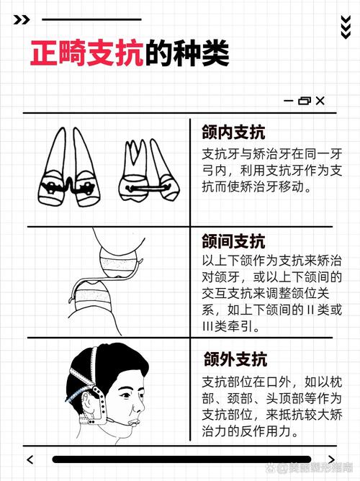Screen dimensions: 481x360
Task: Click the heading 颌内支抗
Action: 234,132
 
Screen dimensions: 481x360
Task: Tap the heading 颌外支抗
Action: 234,359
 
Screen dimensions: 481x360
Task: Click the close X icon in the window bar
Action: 320,101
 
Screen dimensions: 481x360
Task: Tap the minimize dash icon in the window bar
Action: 288,101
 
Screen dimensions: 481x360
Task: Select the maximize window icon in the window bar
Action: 304,101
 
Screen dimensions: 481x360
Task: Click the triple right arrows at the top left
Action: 22,19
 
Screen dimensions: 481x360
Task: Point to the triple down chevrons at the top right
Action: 345,26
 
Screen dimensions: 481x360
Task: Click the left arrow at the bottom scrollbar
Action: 30,459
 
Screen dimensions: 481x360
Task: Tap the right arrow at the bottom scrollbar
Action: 330,459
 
